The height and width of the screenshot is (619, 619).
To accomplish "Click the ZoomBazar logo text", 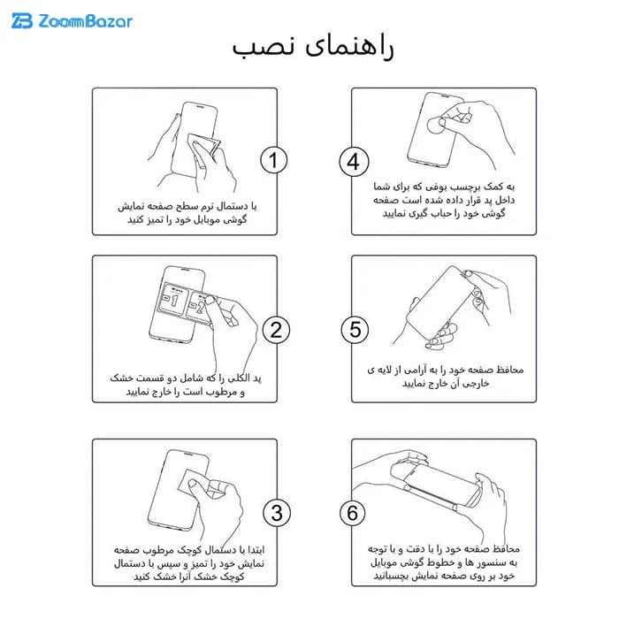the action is click(85, 21).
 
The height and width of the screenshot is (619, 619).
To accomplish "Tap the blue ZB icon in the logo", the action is click(22, 21).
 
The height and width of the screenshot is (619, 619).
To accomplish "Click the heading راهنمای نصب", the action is click(313, 47).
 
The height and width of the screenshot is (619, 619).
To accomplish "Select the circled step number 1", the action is click(273, 160).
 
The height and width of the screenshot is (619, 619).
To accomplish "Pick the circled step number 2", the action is click(276, 330).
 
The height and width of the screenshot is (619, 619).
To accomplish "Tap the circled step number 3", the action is click(277, 512).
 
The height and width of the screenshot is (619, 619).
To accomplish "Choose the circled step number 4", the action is click(354, 162).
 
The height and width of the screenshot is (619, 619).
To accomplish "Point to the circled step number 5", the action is click(355, 330).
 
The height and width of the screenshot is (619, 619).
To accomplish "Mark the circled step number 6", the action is click(352, 512).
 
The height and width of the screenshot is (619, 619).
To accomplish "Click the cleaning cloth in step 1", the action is click(203, 145).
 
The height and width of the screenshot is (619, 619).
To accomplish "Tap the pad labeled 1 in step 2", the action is click(172, 299).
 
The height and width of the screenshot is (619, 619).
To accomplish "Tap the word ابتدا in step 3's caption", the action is click(254, 549).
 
